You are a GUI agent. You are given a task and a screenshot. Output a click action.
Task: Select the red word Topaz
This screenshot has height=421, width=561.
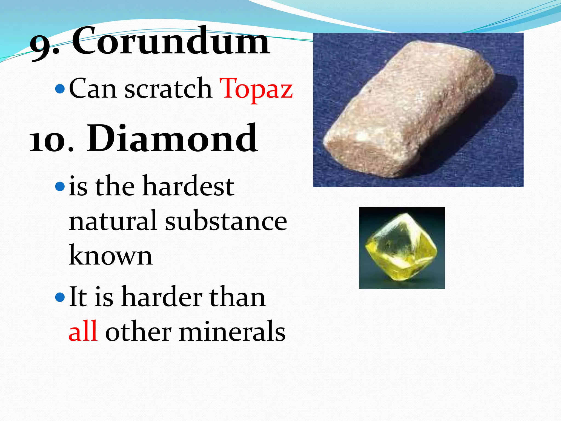point(256,89)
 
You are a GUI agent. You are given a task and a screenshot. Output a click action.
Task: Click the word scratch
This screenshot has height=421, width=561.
point(168,89)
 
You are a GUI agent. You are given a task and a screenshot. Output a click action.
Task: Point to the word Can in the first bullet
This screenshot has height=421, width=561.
point(93,89)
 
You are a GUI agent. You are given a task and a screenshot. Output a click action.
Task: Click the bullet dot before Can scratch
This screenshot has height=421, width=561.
point(60,89)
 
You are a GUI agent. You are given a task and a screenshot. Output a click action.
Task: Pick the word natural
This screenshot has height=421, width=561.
point(113,221)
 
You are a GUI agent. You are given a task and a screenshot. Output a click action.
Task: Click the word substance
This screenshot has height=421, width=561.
point(226,221)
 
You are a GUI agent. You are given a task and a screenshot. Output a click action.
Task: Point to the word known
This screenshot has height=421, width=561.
point(110,255)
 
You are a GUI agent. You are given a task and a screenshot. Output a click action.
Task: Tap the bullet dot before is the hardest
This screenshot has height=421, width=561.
point(60,187)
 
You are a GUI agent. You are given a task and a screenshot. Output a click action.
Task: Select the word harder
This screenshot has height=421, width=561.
point(162,297)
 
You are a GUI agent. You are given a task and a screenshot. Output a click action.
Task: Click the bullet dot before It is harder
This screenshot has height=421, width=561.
point(60,297)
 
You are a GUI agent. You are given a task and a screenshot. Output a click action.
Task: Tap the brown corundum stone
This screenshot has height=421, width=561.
point(408,110)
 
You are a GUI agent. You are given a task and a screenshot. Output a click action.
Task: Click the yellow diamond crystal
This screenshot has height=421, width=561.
point(401,248)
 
